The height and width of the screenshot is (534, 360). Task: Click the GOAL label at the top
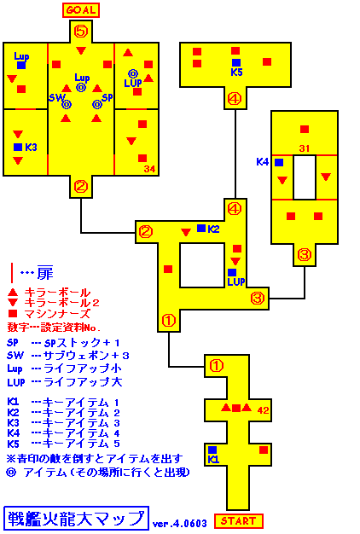point(81,10)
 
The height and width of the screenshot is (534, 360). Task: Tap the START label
point(238,521)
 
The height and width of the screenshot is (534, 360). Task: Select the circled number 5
point(81,32)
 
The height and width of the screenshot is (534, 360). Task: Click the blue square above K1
point(212,450)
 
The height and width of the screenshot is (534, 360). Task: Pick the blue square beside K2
point(201,228)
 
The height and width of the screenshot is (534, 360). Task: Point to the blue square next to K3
point(18,147)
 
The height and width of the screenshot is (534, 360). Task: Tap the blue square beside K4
point(279,162)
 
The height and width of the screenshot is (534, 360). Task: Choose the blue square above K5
point(236,62)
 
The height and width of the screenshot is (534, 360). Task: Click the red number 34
point(149,169)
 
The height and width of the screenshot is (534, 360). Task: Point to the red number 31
point(305,148)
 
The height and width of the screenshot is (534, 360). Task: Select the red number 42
point(263,410)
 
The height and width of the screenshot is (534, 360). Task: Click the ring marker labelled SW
point(67,105)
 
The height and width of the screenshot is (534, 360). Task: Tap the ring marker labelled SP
point(97,105)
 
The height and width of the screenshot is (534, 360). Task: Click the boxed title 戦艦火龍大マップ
point(76,518)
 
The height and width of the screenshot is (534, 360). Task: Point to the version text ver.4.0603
point(179,523)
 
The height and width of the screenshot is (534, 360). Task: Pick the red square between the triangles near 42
point(236,408)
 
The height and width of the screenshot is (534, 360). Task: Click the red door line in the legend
point(12,273)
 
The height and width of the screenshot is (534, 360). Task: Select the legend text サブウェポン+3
point(86,356)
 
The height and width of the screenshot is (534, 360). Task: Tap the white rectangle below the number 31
point(305,177)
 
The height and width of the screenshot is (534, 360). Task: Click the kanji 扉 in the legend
point(45,272)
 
